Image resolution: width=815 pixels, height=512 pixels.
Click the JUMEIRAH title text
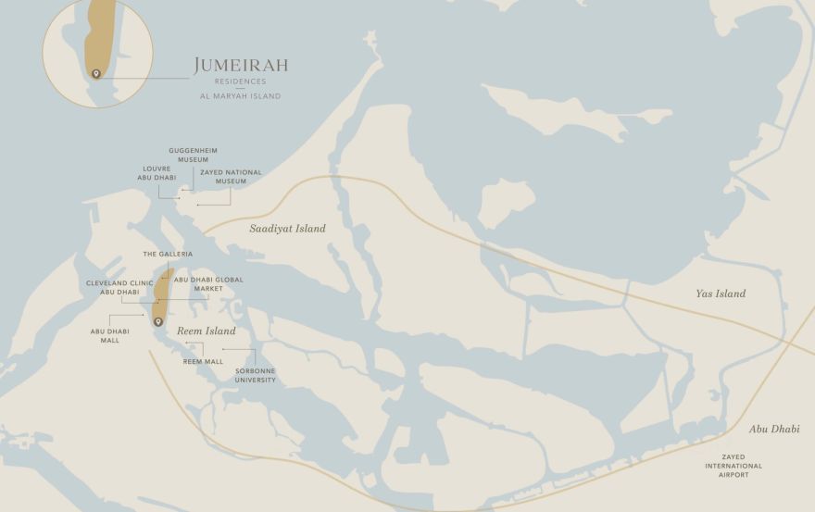point(241,66)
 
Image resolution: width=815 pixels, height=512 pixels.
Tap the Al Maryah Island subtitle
point(240,96)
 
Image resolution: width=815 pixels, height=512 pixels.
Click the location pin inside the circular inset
point(95,74)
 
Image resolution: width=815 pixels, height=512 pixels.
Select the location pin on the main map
point(158,322)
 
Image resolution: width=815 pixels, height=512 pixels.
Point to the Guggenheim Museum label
point(194,155)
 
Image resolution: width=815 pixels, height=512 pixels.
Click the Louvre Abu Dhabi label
point(157,173)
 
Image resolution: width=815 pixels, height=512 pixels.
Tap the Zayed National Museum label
point(231,177)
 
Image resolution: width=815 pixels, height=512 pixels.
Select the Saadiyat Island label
point(287,229)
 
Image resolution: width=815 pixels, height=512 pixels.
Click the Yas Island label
point(721,294)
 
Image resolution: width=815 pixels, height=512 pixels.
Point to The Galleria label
point(168,254)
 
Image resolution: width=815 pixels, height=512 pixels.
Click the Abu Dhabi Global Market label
point(208,283)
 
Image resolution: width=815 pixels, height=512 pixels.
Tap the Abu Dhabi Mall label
point(110,335)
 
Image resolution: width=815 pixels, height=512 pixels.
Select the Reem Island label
point(206,331)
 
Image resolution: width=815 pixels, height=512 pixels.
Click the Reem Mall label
point(203,362)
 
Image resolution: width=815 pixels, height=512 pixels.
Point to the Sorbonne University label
point(255,375)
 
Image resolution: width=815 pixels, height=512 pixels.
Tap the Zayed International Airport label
point(733,466)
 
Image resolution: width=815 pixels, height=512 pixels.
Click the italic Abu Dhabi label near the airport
point(774,430)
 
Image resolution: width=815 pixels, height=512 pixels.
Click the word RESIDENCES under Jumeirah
point(240,81)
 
